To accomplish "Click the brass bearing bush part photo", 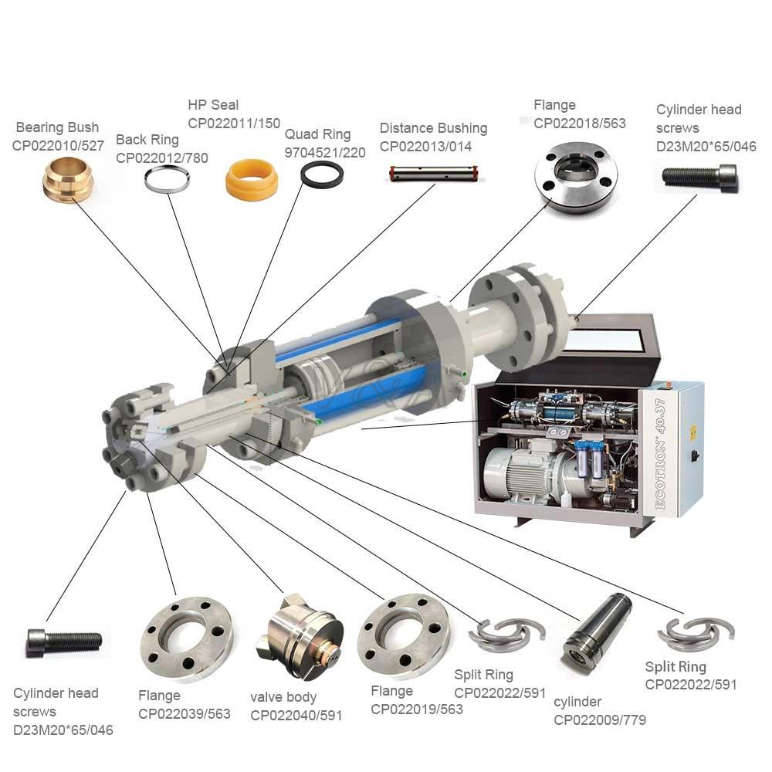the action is click(67, 180).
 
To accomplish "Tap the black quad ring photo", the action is click(322, 174).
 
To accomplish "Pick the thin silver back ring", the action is click(167, 179).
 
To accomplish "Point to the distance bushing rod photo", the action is click(434, 174).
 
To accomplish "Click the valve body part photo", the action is click(300, 636).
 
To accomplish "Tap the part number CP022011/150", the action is click(234, 123).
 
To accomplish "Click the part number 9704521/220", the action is click(325, 153).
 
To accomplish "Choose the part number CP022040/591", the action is click(296, 715).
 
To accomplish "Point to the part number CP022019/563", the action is click(417, 709).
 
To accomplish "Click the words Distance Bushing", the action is click(433, 128).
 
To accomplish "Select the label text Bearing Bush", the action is click(57, 127).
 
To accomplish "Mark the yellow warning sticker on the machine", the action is click(693, 433).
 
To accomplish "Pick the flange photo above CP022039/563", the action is click(186, 638).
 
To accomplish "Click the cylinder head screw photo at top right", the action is click(699, 176).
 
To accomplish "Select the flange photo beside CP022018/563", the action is click(576, 178).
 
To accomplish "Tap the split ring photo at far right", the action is click(696, 634).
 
